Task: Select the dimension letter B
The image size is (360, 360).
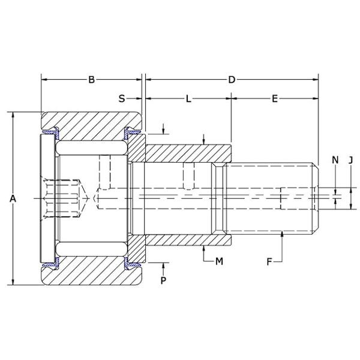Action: [91, 79]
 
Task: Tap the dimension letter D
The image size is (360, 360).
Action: [232, 79]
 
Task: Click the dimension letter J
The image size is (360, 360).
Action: [351, 160]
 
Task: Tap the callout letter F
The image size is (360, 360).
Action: [269, 261]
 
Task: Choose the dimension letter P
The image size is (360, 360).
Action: [163, 280]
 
